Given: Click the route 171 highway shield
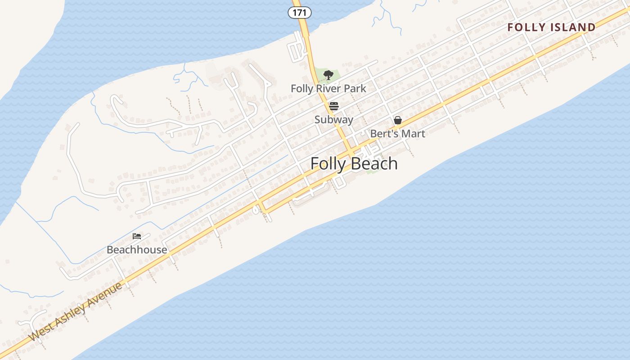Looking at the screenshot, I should pyautogui.click(x=299, y=13).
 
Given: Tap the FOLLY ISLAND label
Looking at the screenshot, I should pyautogui.click(x=551, y=27).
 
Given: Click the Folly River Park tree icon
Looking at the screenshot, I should pyautogui.click(x=328, y=75).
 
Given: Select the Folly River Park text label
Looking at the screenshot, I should pyautogui.click(x=328, y=89).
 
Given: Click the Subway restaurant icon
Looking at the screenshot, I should pyautogui.click(x=333, y=106).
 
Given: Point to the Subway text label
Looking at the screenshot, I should pyautogui.click(x=333, y=120).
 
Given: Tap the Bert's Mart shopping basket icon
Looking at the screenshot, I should pyautogui.click(x=398, y=120).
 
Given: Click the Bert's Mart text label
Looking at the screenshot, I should pyautogui.click(x=397, y=134).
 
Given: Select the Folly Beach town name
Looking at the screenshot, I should pyautogui.click(x=354, y=163).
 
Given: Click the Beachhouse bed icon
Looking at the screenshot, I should pyautogui.click(x=137, y=236).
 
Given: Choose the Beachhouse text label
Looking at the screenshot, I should pyautogui.click(x=137, y=250).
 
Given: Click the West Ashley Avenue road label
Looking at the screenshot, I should pyautogui.click(x=75, y=311).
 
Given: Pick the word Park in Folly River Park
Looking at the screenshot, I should pyautogui.click(x=355, y=89).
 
